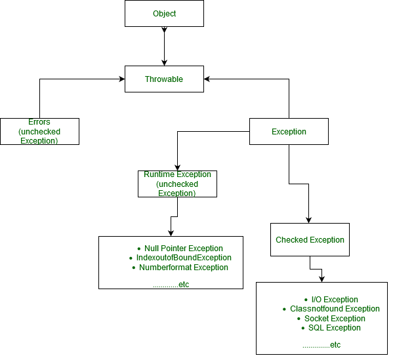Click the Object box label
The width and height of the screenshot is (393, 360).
[x=165, y=14]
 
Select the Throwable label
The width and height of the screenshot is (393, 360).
[x=164, y=79]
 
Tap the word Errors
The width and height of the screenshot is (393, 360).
[x=39, y=122]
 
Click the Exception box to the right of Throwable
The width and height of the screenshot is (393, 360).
[x=289, y=132]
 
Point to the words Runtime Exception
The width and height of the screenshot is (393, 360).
[x=177, y=174]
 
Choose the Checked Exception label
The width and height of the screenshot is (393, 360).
[x=310, y=240]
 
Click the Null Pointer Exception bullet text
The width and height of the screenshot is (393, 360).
[x=184, y=249]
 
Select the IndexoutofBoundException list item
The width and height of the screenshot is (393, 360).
[x=184, y=258]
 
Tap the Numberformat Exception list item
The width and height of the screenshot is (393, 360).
[x=184, y=268]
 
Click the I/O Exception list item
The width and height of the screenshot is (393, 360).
[x=335, y=300]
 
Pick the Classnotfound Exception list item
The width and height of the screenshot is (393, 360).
[x=335, y=309]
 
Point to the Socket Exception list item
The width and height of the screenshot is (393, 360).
[x=335, y=319]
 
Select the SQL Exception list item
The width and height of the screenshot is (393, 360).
[x=335, y=328]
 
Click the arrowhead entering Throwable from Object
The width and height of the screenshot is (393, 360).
[x=165, y=63]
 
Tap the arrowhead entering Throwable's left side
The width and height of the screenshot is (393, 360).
[x=122, y=79]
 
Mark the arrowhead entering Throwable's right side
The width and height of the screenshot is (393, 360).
[x=207, y=79]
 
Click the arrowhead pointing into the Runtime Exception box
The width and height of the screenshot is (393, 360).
[x=177, y=168]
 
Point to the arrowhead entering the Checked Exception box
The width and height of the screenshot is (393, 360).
[x=309, y=220]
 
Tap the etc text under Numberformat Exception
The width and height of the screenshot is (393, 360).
[x=171, y=285]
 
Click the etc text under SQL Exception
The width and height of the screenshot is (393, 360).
[x=321, y=345]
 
